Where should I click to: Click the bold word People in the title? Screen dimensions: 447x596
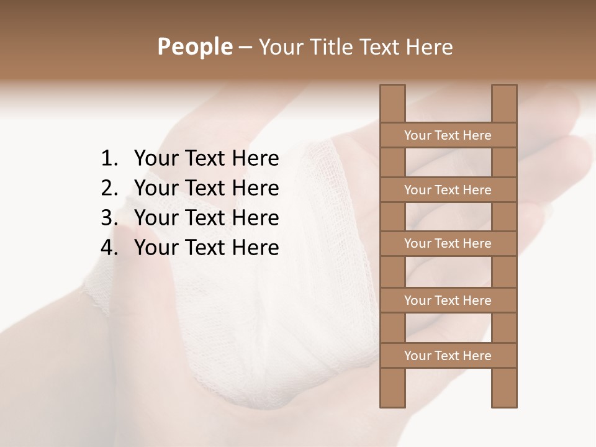194,47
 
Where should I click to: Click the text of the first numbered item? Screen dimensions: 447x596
206,159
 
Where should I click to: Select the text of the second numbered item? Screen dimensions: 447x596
206,188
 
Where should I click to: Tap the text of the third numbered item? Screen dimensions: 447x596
206,218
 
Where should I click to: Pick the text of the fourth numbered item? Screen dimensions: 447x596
206,248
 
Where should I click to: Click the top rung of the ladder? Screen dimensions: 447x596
448,135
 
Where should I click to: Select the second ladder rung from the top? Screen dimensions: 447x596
448,190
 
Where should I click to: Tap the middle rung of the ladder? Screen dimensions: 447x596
448,244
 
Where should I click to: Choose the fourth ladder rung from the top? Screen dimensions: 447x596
448,300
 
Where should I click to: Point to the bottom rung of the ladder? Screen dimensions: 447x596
448,356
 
